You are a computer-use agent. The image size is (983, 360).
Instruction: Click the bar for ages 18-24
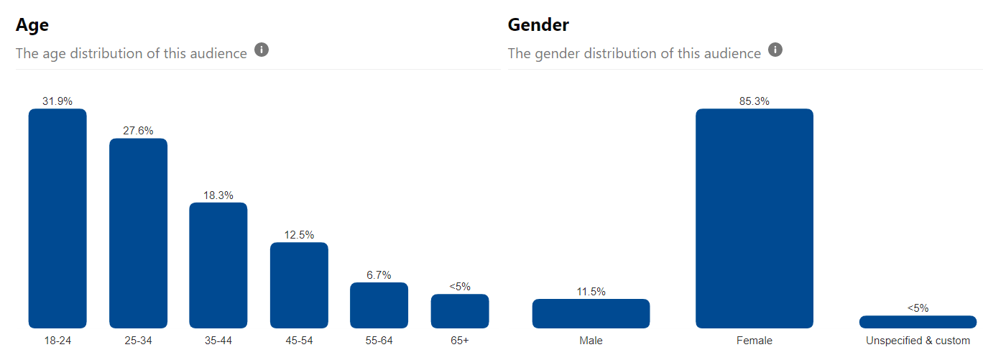(57, 218)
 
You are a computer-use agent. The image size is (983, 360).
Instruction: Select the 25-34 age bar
(138, 234)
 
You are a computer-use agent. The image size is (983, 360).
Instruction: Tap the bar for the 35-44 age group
(218, 265)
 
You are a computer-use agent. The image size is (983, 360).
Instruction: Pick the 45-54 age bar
(299, 285)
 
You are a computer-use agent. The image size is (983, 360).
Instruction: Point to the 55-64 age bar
(379, 305)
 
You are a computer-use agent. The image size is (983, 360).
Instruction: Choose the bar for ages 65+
(460, 311)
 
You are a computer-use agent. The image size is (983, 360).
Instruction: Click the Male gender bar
(591, 314)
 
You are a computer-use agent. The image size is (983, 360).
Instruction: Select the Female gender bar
(754, 218)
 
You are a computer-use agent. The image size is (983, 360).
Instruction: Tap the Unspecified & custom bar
(918, 322)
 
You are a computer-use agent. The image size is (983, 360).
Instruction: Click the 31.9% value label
(57, 101)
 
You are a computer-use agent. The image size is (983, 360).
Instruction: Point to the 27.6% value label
(138, 131)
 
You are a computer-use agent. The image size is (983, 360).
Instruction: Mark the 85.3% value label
(754, 101)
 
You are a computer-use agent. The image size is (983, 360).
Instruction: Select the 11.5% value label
(591, 292)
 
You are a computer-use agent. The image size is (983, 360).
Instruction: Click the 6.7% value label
(379, 275)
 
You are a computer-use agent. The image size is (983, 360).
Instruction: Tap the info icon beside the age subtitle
(262, 50)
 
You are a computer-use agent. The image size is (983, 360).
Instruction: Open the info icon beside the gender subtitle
(775, 50)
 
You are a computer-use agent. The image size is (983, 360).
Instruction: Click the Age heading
(32, 25)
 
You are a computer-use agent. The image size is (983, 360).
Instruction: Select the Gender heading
(538, 25)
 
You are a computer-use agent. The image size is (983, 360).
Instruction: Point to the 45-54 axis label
(299, 341)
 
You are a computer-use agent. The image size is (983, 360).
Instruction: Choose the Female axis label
(754, 341)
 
